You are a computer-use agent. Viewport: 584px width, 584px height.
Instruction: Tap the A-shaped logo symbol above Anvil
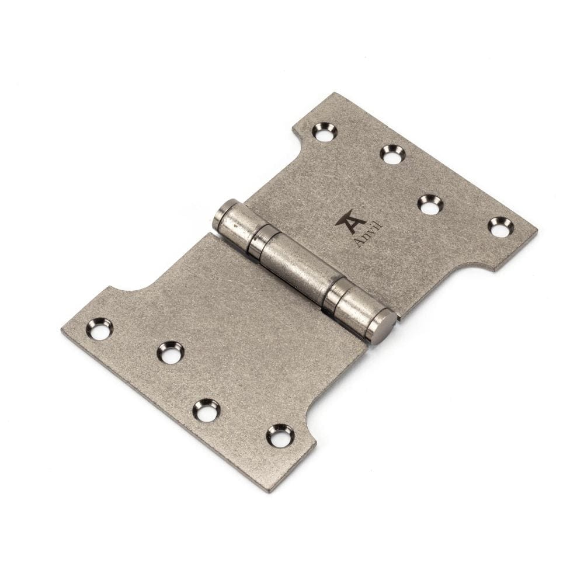click(346, 220)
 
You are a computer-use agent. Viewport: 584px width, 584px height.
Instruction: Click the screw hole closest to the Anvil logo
click(430, 204)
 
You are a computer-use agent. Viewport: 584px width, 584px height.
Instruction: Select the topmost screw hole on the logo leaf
click(324, 131)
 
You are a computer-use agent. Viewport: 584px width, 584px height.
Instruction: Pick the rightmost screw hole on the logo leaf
click(500, 227)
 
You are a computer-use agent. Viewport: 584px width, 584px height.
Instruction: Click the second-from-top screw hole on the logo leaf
click(392, 154)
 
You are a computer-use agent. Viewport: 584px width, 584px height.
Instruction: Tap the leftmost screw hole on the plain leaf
click(100, 329)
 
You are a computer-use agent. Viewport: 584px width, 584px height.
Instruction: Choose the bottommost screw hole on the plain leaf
click(280, 435)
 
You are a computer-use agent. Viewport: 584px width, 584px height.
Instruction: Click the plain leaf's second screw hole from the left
click(171, 352)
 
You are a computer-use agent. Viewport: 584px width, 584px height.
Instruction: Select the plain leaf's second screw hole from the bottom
click(206, 410)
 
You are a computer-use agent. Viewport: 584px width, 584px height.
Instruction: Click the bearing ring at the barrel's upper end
click(258, 240)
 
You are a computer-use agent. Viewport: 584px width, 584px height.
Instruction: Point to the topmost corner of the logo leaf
click(335, 93)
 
